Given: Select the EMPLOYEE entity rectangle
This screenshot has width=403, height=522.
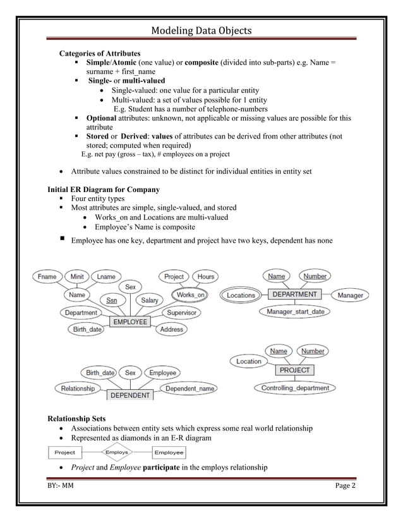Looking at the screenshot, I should click(x=130, y=322).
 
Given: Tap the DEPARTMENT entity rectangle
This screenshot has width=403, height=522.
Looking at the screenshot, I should click(x=294, y=294).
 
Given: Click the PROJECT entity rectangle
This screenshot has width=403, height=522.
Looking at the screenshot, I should click(x=294, y=370).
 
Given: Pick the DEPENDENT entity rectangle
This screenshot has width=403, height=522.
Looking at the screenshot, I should click(x=131, y=395).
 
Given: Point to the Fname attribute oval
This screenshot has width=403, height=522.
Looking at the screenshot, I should click(x=46, y=277).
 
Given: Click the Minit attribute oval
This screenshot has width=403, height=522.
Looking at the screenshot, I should click(x=77, y=277).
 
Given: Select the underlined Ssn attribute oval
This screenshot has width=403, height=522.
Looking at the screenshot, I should click(x=111, y=300).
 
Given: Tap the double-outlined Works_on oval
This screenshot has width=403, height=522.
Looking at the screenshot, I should click(x=190, y=294).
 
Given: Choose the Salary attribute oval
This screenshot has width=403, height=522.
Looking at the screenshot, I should click(x=149, y=300).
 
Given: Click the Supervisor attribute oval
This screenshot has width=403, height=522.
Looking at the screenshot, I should click(x=181, y=312).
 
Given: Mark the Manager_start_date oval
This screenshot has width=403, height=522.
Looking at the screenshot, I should click(x=295, y=312).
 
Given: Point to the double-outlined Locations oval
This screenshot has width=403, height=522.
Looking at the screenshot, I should click(x=241, y=295).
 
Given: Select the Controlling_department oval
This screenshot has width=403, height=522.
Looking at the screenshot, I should click(x=295, y=387).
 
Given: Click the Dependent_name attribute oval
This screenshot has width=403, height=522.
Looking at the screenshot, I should click(x=189, y=389).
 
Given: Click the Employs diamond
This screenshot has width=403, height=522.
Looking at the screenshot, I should click(x=117, y=452).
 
